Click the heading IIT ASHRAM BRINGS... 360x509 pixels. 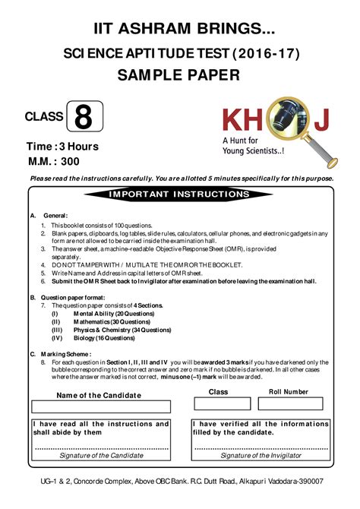(179, 29)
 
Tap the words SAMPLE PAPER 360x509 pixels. (178, 74)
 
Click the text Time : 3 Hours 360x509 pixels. (62, 146)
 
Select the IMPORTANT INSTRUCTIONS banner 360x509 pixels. (179, 194)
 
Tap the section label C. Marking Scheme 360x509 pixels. (61, 354)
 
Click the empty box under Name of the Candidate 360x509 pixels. (99, 407)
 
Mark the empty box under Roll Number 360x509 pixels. (289, 403)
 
